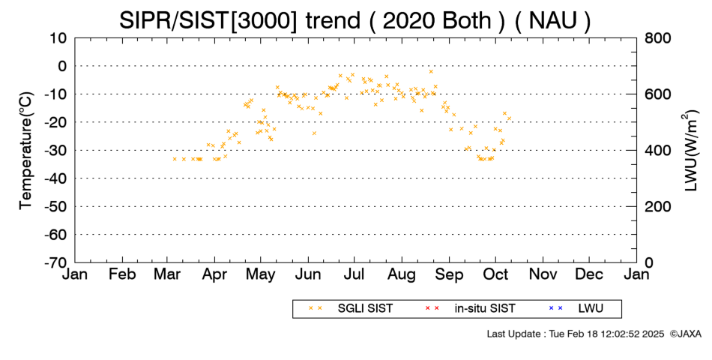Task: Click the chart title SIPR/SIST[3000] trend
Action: point(240,21)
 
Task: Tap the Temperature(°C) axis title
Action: point(26,151)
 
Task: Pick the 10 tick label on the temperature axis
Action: point(58,38)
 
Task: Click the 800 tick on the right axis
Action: point(658,38)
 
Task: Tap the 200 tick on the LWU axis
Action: point(658,206)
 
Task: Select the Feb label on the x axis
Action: point(122,274)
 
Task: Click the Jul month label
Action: point(355,274)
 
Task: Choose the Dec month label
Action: point(589,274)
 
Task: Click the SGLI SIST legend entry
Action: point(365,309)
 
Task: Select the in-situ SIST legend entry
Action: point(485,309)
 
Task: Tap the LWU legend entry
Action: point(591,309)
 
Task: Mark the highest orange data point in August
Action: point(431,71)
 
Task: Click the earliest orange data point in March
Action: point(175,159)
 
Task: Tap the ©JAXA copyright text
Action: point(685,334)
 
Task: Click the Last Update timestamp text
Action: point(576,334)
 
